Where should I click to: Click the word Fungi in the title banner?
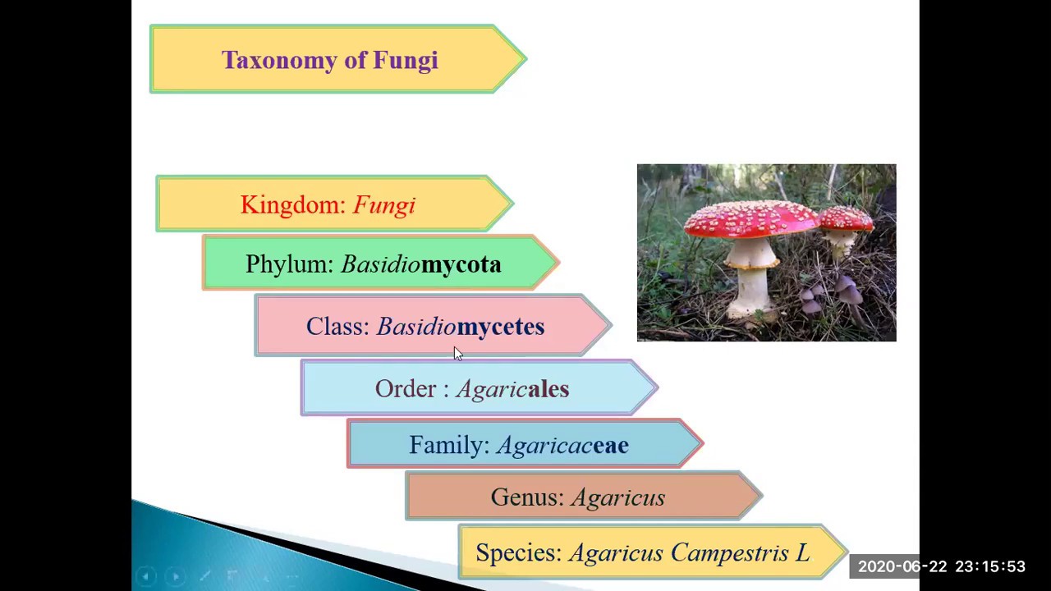point(405,61)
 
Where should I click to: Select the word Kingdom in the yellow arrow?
point(292,205)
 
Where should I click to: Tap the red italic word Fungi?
point(383,205)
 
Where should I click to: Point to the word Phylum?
point(288,264)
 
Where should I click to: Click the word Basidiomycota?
point(420,264)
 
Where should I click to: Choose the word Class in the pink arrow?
point(337,327)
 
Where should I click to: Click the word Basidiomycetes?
point(460,327)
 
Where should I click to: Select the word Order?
point(406,389)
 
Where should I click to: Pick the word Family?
point(448,445)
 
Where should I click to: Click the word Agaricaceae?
point(562,445)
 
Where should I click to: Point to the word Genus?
point(526,497)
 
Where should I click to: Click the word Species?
point(518,553)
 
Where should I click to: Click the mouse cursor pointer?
point(457,353)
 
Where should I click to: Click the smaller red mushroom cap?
point(846,218)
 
